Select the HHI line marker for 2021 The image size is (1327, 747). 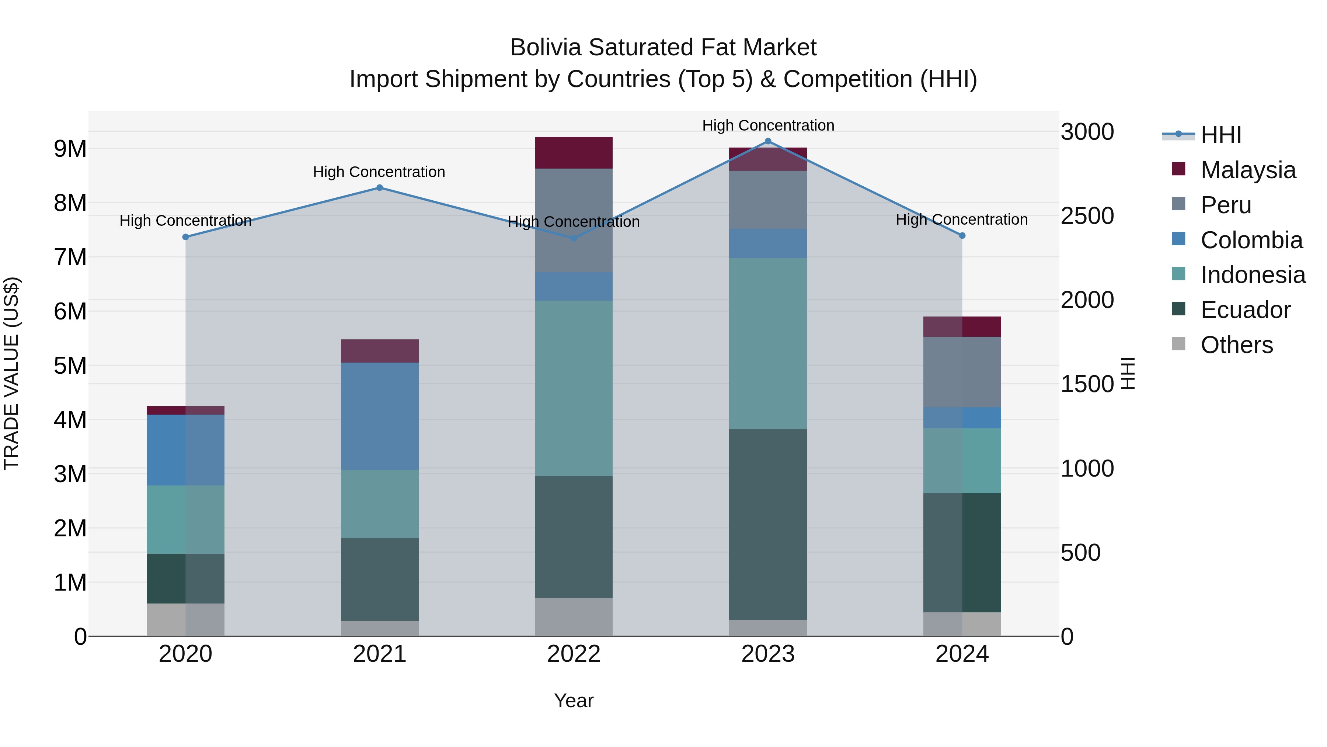380,188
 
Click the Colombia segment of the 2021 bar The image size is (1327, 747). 380,416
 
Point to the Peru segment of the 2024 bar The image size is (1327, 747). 962,372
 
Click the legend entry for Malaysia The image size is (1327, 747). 1248,170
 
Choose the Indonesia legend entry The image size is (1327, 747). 1253,275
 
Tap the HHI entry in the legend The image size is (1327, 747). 1220,135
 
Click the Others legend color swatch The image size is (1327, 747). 1178,344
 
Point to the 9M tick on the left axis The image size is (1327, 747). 70,149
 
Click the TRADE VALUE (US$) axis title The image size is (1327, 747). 11,373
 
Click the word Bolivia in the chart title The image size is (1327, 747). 546,48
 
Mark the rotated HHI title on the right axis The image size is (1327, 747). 1128,373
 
